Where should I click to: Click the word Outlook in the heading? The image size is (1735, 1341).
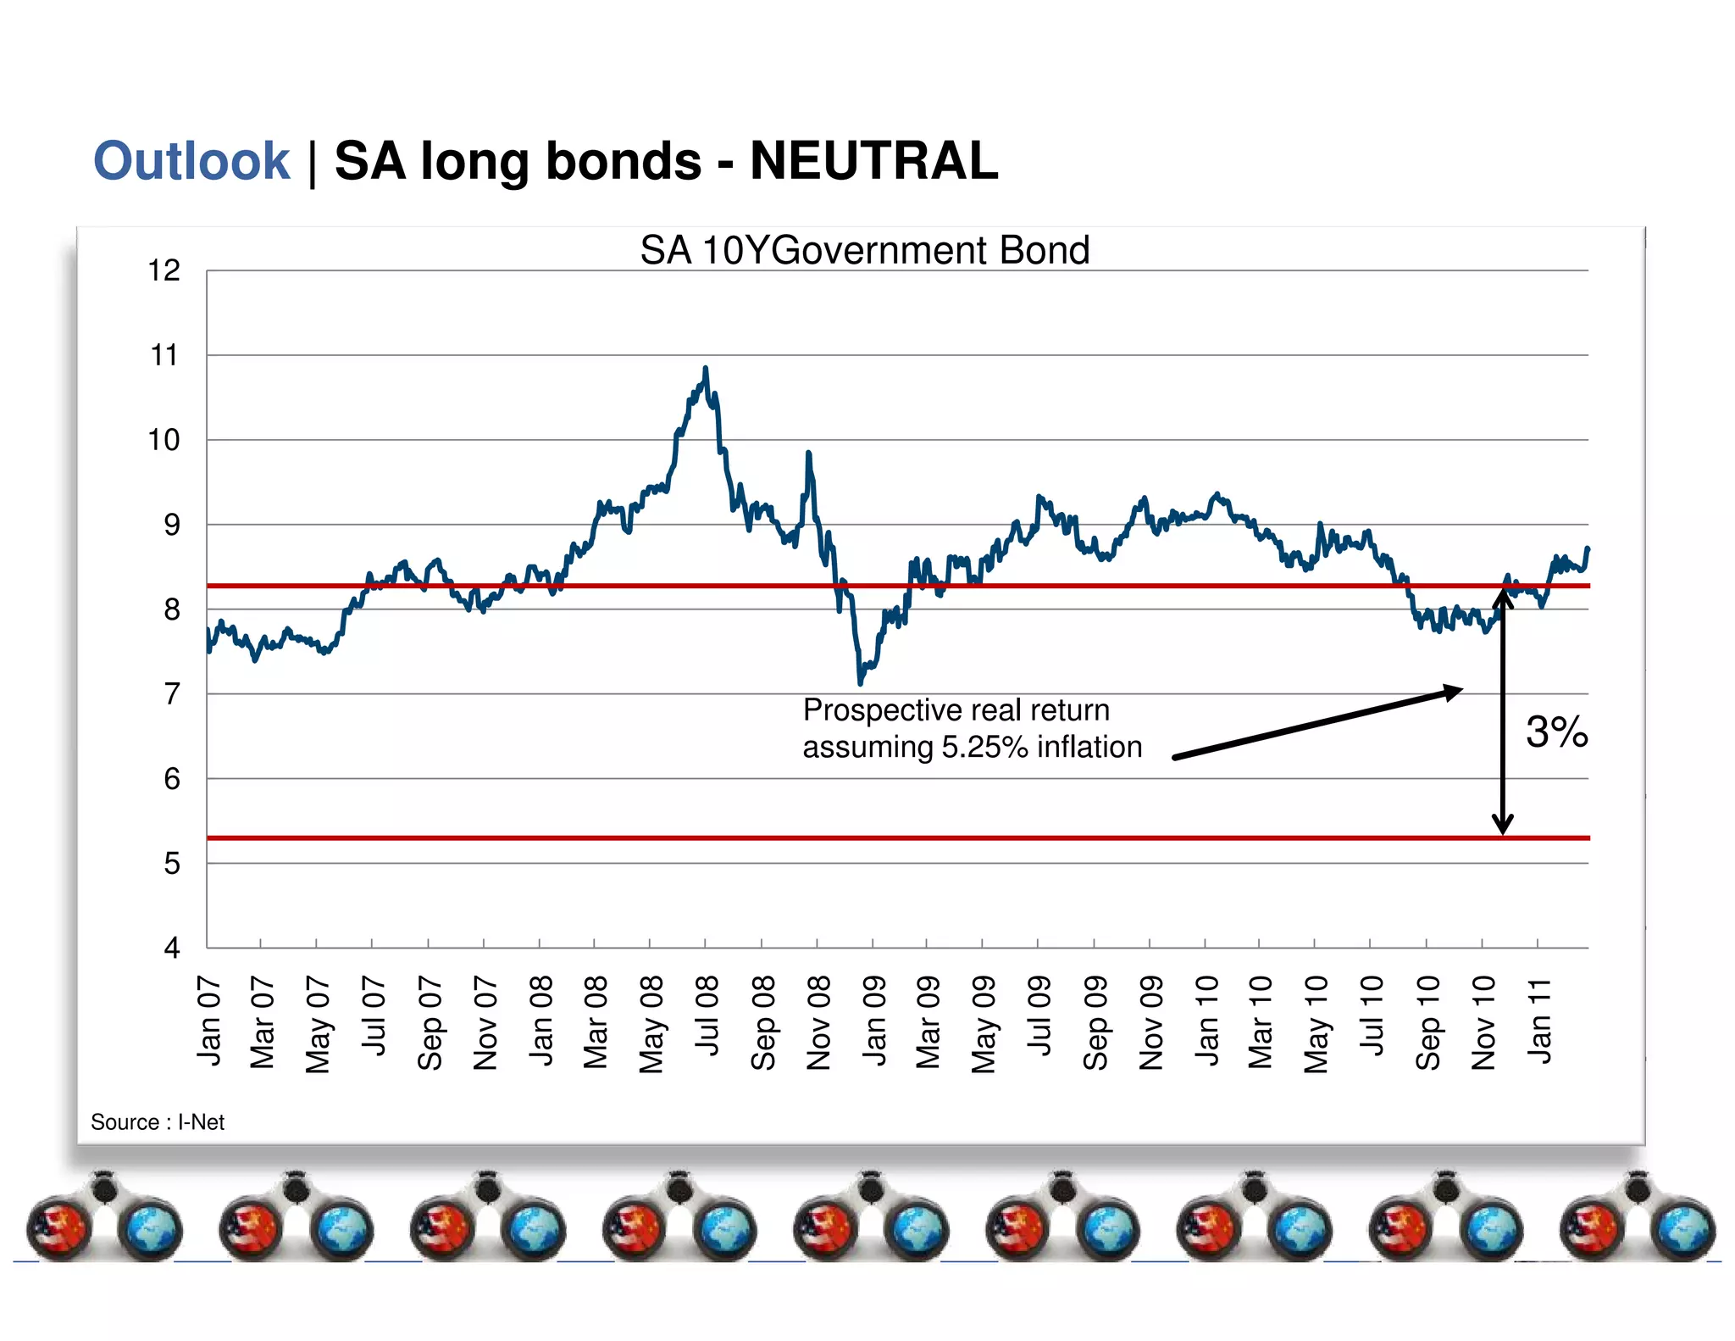coord(191,161)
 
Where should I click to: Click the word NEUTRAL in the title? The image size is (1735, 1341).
coord(873,161)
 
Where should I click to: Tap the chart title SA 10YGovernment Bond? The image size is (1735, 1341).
coord(864,250)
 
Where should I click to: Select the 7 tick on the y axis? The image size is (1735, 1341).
coord(172,693)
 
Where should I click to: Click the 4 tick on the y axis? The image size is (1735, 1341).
coord(172,947)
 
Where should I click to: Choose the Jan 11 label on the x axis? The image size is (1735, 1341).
coord(1539,1020)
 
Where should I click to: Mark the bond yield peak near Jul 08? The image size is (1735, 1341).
coord(706,370)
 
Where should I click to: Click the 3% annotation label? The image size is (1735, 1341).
coord(1556,731)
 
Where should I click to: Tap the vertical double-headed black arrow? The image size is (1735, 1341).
coord(1503,712)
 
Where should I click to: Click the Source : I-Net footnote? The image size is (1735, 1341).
coord(158,1121)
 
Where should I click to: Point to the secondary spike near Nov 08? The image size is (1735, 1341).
coord(808,455)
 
